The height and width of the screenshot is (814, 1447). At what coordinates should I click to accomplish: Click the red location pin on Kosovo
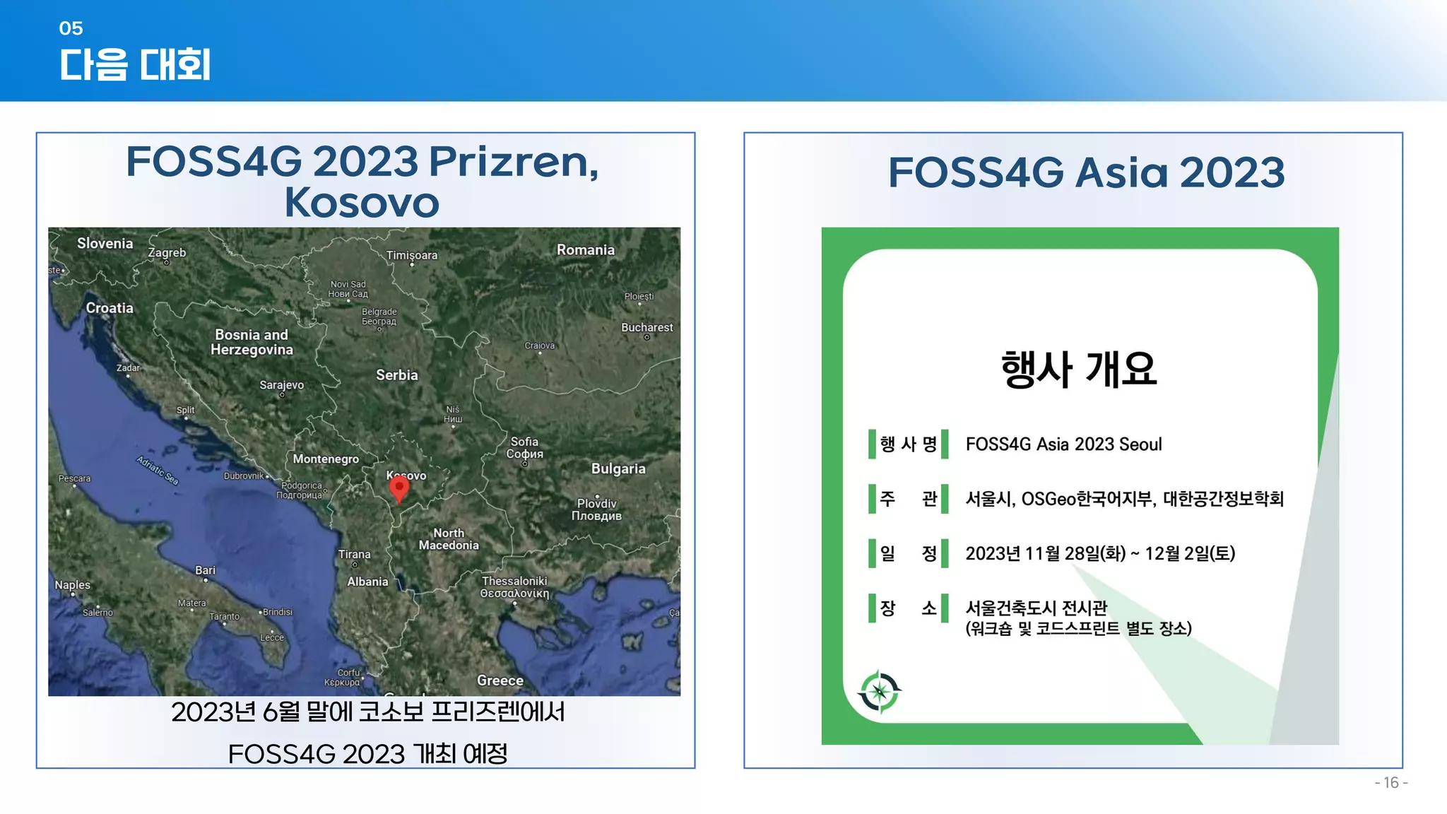(x=399, y=487)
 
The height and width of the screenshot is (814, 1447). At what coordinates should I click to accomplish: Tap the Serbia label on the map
(x=396, y=375)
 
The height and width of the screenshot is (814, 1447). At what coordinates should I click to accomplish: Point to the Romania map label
(x=585, y=250)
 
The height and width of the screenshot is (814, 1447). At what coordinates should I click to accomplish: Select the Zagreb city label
(x=167, y=253)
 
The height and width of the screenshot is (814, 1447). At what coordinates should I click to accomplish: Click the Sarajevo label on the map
(x=281, y=385)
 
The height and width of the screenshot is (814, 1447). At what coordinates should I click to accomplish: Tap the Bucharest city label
(x=646, y=328)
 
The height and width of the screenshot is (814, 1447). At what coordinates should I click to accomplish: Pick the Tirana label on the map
(x=354, y=555)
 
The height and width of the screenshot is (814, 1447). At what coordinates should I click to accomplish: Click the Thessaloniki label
(x=514, y=581)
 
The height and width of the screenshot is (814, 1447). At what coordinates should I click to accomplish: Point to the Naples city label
(x=73, y=585)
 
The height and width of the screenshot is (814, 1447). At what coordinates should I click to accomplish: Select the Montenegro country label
(x=326, y=459)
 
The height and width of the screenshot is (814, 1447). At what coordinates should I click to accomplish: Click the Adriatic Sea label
(x=158, y=470)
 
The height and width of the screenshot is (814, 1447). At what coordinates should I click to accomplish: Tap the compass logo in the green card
(x=880, y=691)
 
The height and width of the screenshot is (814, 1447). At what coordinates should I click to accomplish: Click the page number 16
(x=1390, y=782)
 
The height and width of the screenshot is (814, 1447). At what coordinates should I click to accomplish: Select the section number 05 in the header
(x=71, y=28)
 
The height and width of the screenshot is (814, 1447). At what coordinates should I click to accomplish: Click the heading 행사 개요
(x=1079, y=369)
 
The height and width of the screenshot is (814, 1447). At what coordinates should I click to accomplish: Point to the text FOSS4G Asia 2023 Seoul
(x=1063, y=444)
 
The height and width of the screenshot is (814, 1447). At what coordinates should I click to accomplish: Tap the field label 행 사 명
(x=908, y=444)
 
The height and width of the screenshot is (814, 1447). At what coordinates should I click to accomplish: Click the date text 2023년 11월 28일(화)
(x=1045, y=553)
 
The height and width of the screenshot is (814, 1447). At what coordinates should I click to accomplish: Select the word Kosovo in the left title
(x=362, y=203)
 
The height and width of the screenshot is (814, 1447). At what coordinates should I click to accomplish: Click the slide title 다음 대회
(x=135, y=65)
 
